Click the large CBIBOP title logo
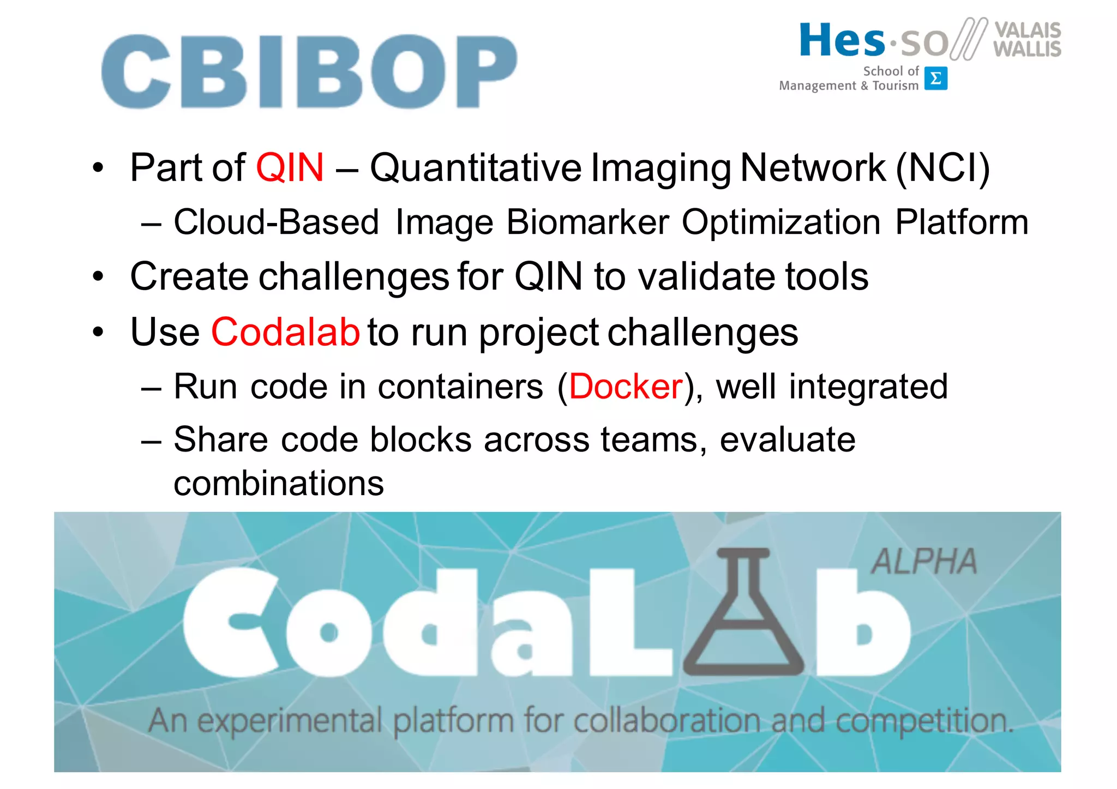pyautogui.click(x=309, y=71)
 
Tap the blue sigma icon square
pyautogui.click(x=935, y=79)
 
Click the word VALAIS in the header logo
pyautogui.click(x=1028, y=30)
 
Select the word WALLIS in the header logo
pyautogui.click(x=1027, y=49)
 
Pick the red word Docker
pyautogui.click(x=626, y=387)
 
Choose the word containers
pyautogui.click(x=460, y=387)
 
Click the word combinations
pyautogui.click(x=279, y=483)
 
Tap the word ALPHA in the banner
pyautogui.click(x=923, y=562)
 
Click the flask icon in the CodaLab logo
pyautogui.click(x=743, y=613)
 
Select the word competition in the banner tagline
pyautogui.click(x=924, y=721)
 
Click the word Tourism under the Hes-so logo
pyautogui.click(x=896, y=86)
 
